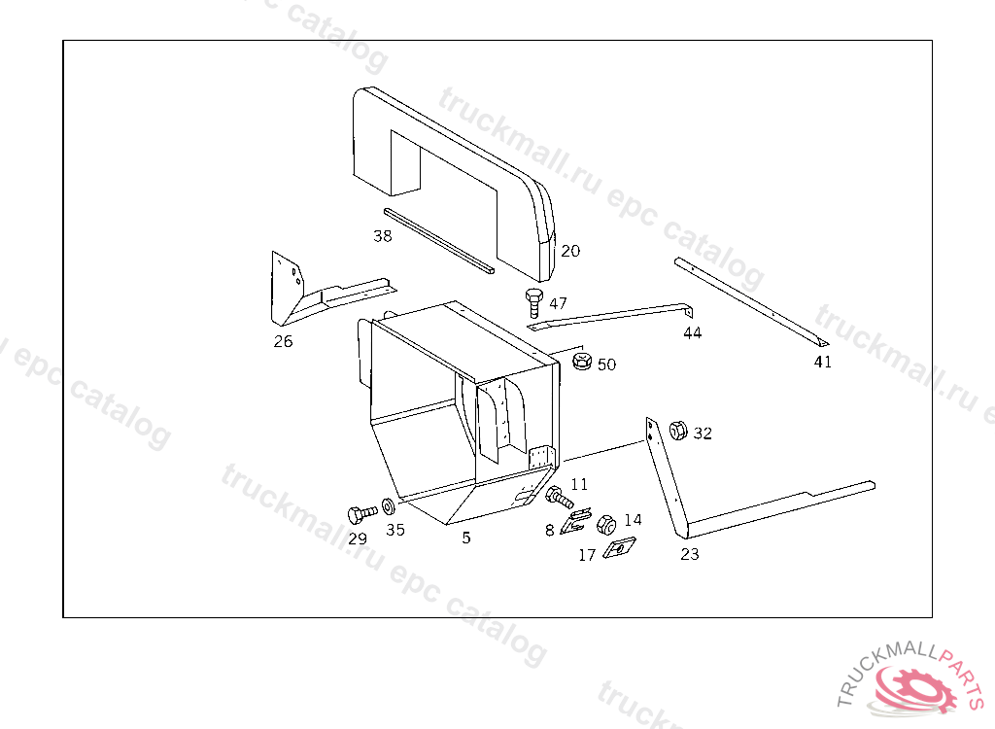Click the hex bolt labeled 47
(533, 302)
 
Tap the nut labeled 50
(581, 362)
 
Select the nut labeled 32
(678, 431)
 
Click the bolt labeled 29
(361, 513)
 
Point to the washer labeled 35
(388, 506)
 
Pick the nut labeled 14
(606, 525)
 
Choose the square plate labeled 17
(619, 547)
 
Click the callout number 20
(570, 251)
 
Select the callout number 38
(383, 236)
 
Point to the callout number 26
(283, 341)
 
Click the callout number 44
(692, 332)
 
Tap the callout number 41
(822, 362)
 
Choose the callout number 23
(690, 554)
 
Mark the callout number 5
(466, 538)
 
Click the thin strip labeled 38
(439, 241)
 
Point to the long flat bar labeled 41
(751, 302)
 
